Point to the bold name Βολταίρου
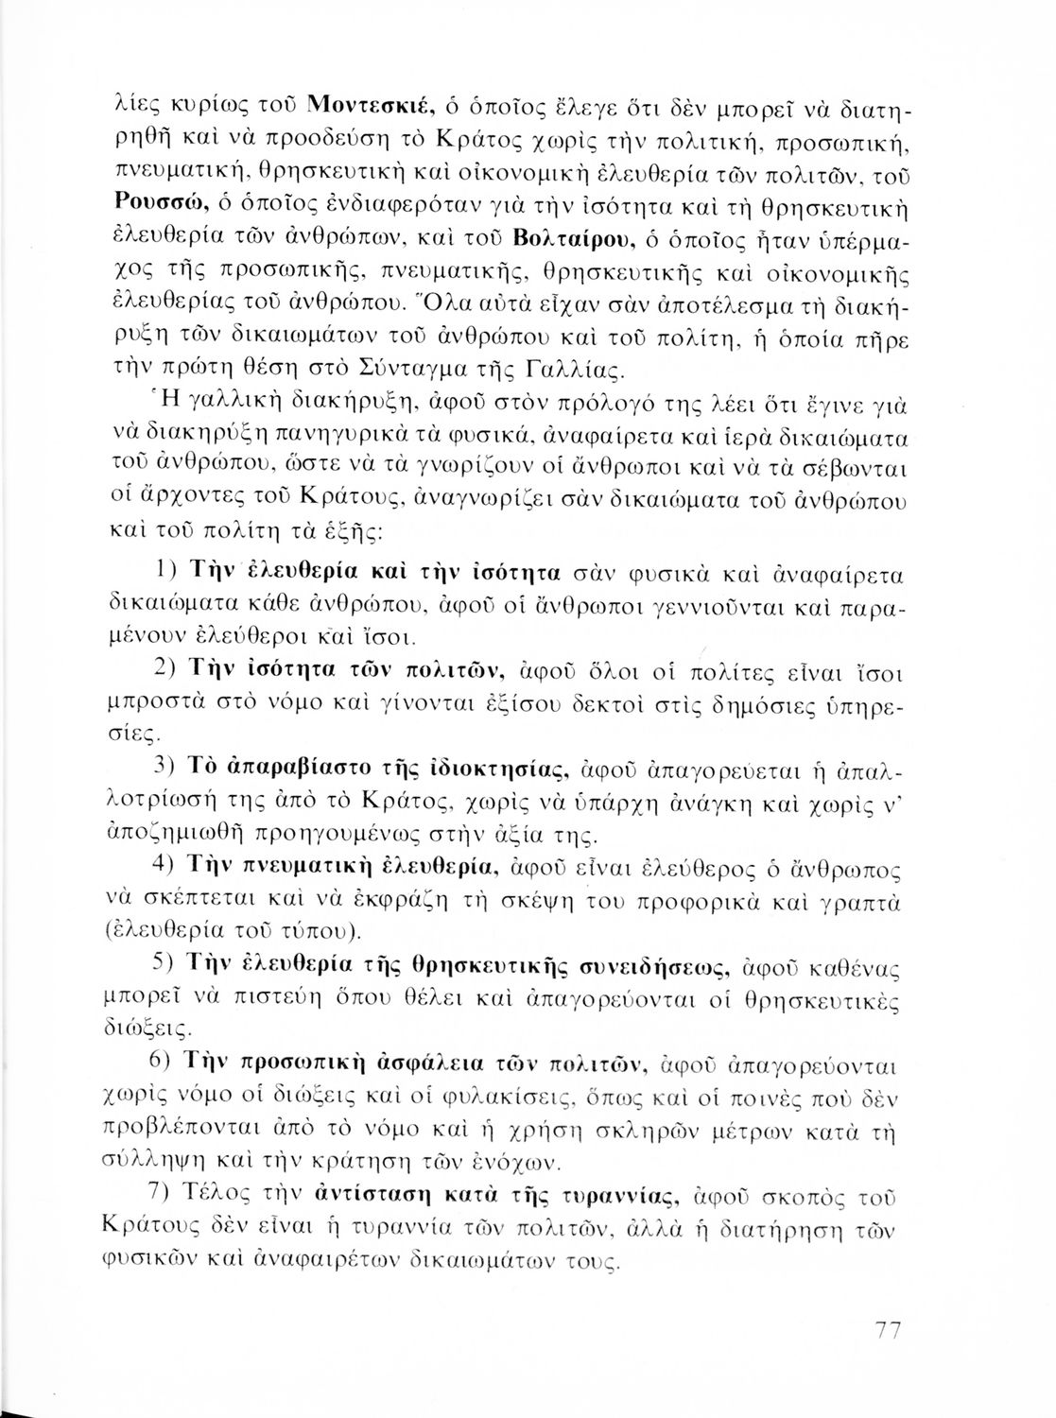coord(567,233)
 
